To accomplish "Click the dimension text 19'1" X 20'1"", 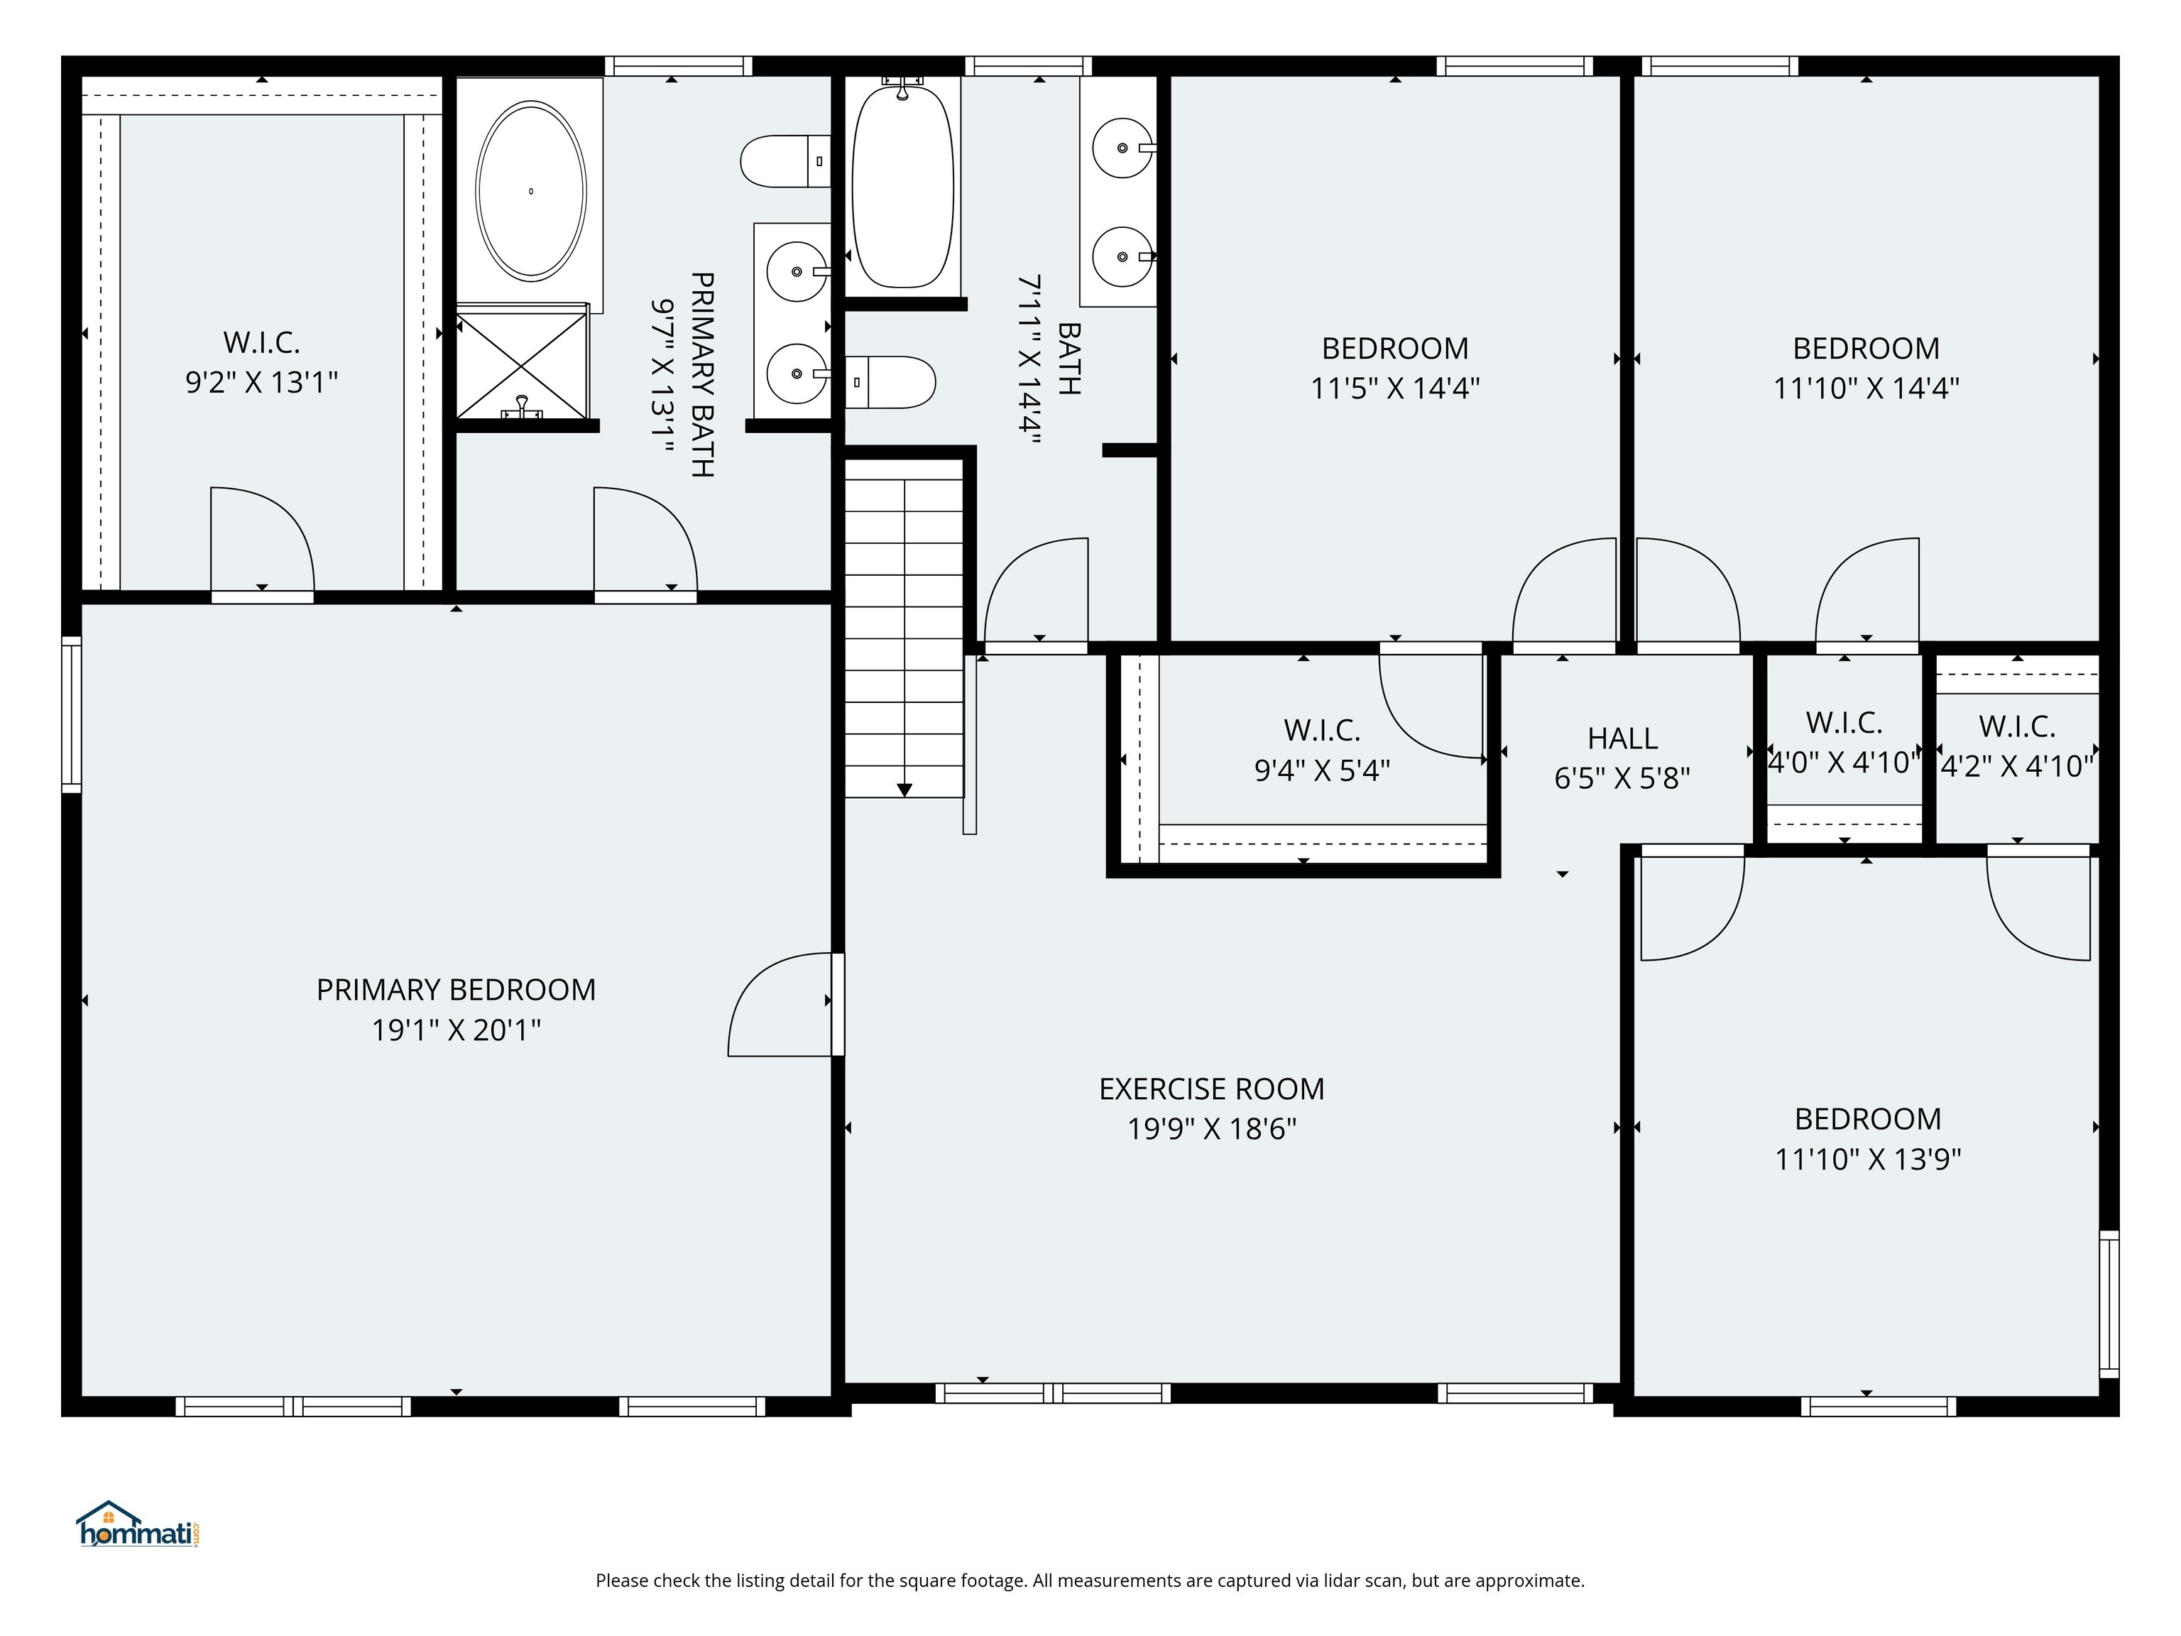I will [456, 1030].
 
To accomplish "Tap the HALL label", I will [1622, 738].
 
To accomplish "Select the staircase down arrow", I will [904, 789].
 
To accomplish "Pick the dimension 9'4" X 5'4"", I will [1321, 770].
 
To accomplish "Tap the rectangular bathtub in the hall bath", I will [902, 187].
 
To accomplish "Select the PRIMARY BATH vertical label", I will [701, 375].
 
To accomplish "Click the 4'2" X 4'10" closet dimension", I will [2016, 766].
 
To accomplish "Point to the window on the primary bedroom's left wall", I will [71, 714].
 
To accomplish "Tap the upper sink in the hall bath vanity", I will [1122, 148].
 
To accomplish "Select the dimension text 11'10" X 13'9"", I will [1867, 1159].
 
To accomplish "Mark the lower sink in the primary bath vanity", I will [797, 373].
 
